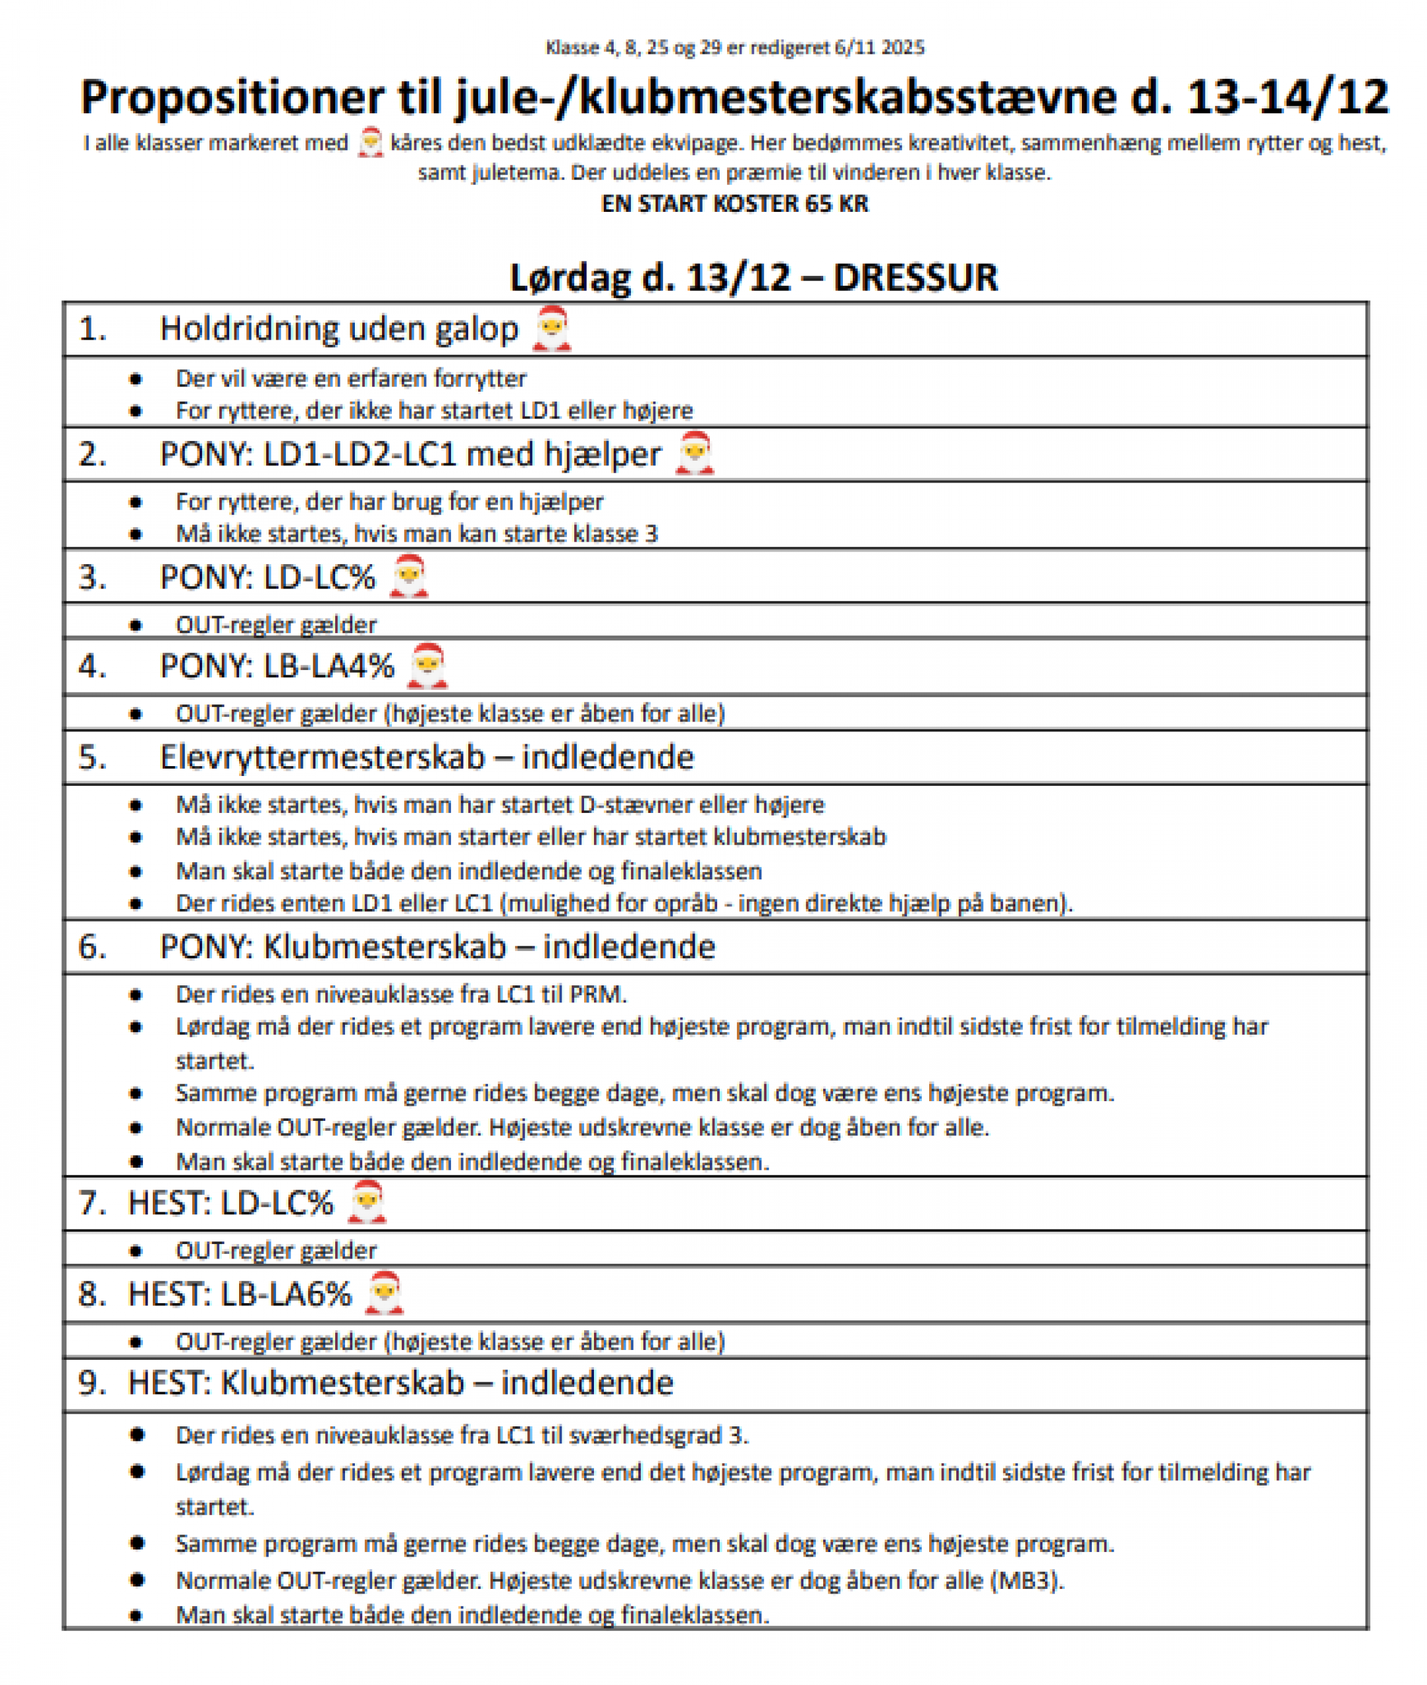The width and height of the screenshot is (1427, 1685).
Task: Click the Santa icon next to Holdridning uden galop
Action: coord(552,329)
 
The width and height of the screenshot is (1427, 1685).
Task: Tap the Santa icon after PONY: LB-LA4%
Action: coord(427,666)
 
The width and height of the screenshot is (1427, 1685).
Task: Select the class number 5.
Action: coord(92,758)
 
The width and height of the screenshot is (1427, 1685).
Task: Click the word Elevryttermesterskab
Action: coord(322,758)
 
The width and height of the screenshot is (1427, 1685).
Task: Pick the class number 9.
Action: coord(92,1384)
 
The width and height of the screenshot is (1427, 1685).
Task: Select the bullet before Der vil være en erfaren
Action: coord(136,379)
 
